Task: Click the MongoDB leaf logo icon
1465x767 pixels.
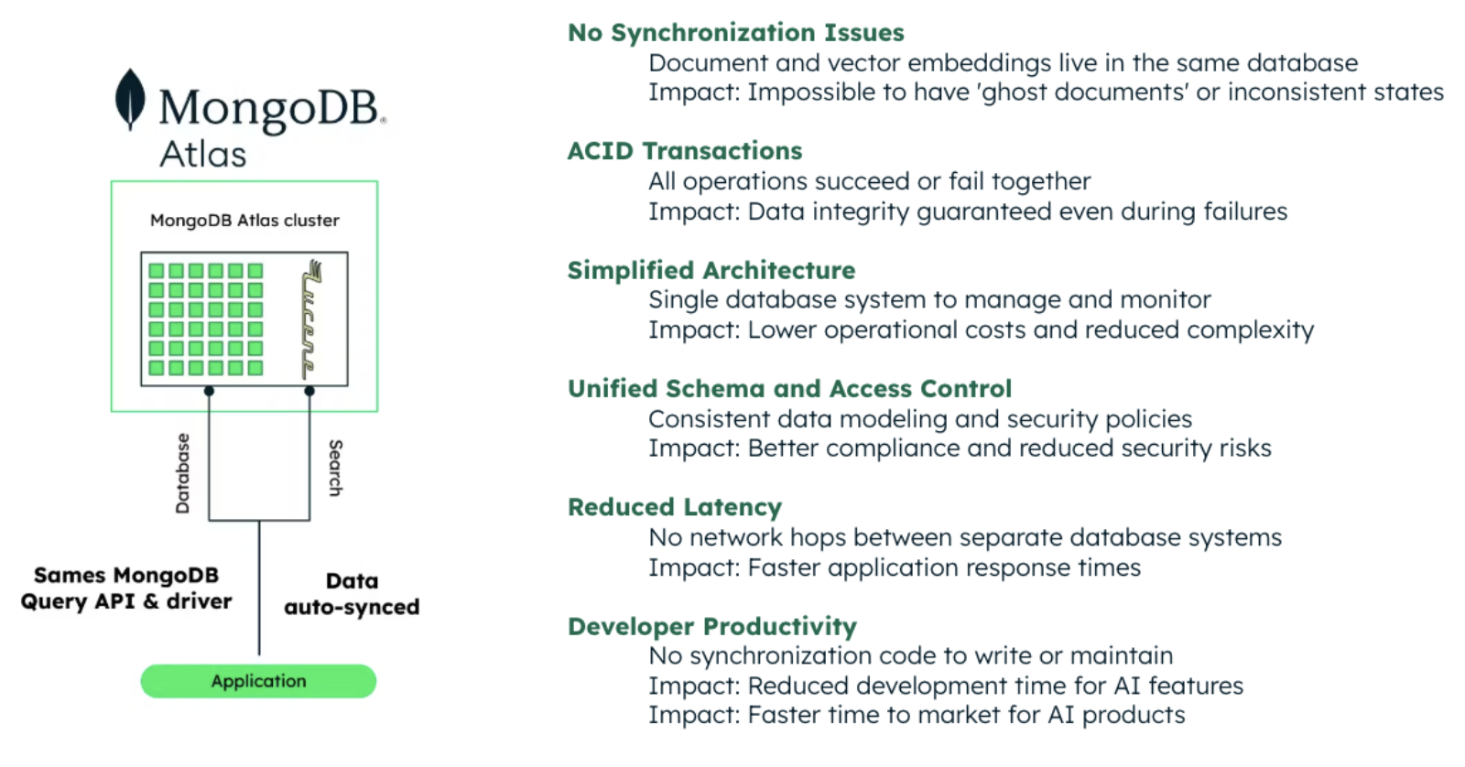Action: (x=130, y=99)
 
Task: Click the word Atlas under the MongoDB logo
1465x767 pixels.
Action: (x=203, y=154)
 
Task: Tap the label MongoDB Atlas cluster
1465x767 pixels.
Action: (x=244, y=221)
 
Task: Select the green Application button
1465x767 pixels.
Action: (x=258, y=681)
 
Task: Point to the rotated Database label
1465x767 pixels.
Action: (x=182, y=473)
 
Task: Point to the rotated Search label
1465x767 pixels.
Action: (x=335, y=468)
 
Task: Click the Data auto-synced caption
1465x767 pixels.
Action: (x=352, y=594)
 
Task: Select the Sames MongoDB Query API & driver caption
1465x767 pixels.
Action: (x=126, y=589)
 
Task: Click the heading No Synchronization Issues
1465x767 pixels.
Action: (x=735, y=33)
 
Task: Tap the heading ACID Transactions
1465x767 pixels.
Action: (x=684, y=151)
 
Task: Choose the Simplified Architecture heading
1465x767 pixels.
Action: (x=711, y=270)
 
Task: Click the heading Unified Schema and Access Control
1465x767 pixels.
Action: (x=789, y=389)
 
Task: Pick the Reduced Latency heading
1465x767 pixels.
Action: (x=674, y=507)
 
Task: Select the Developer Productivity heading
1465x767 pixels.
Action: (x=711, y=626)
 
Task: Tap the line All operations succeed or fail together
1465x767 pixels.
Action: (x=869, y=181)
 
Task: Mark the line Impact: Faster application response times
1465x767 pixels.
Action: (x=894, y=567)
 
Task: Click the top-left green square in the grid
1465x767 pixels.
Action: (x=157, y=271)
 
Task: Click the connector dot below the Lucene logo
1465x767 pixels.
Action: (x=309, y=391)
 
